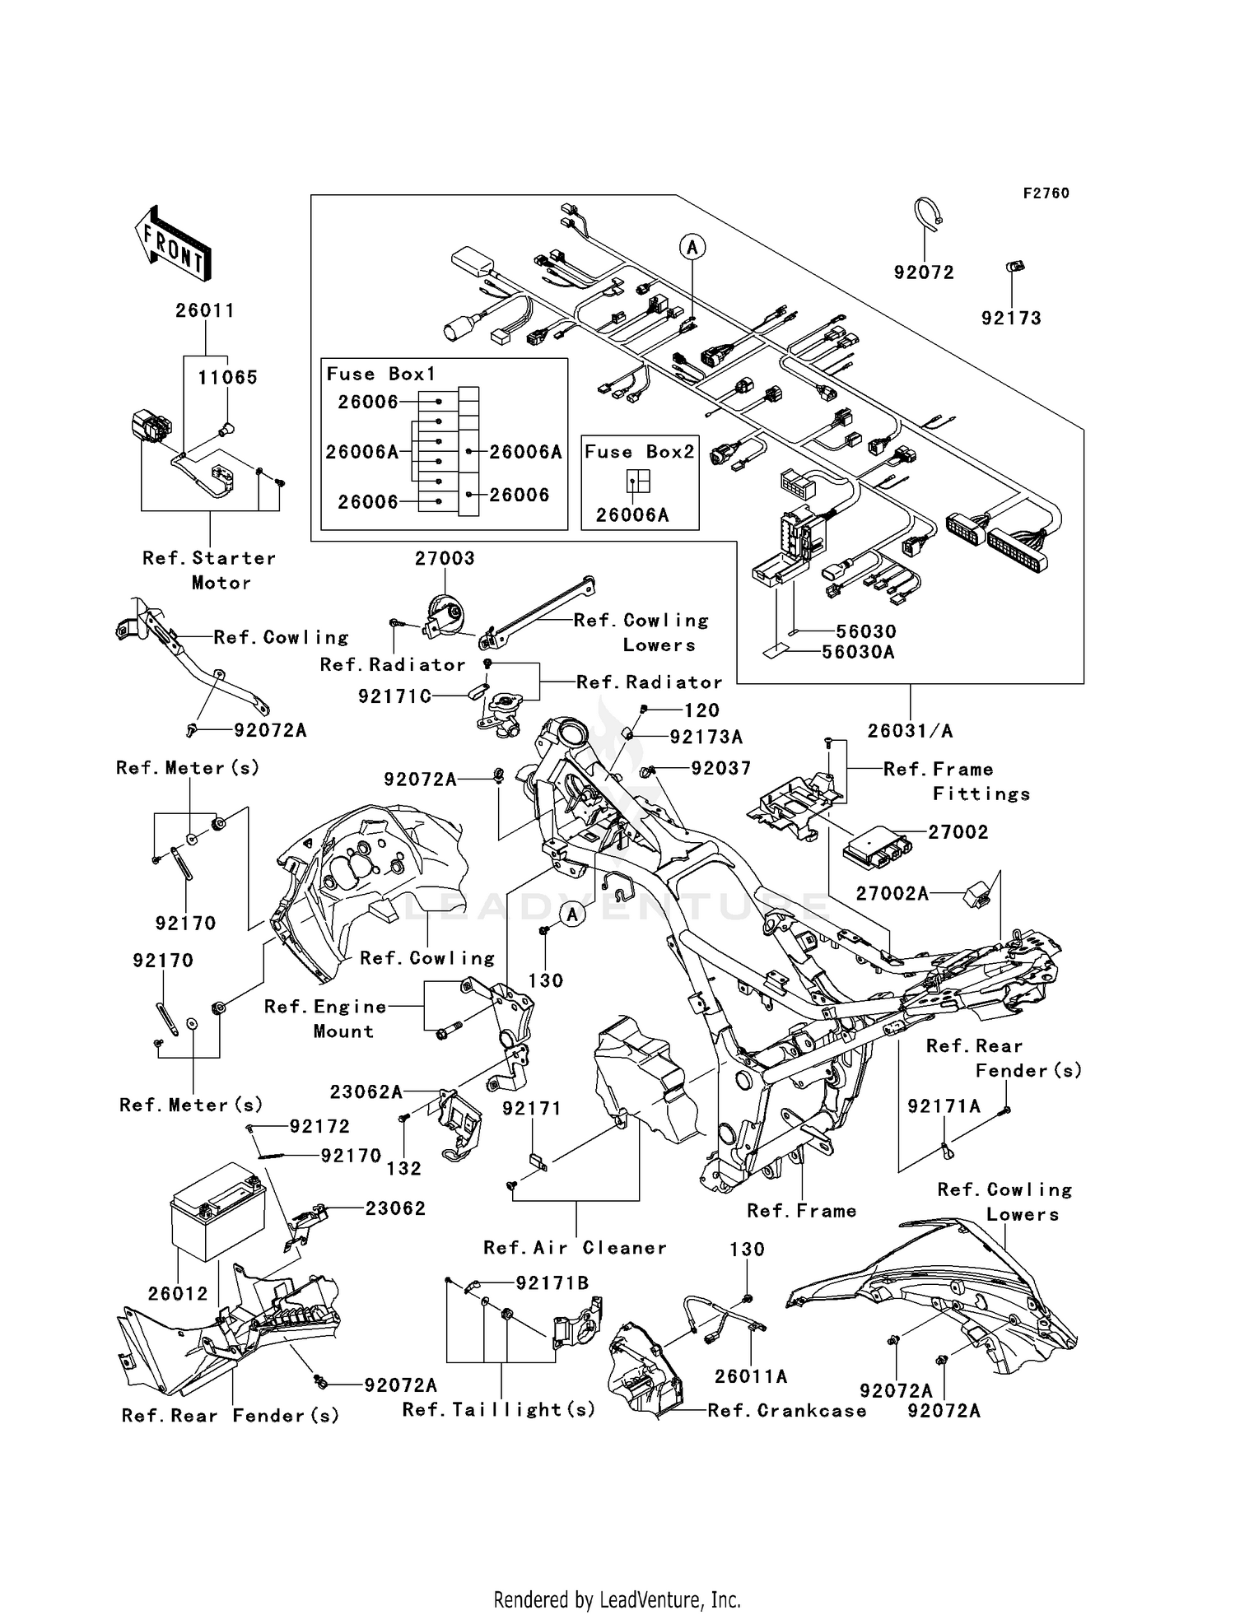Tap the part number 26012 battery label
tap(178, 1293)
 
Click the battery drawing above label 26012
tap(217, 1219)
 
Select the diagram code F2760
tap(1046, 193)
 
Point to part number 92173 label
tap(1010, 319)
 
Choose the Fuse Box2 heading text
tap(639, 452)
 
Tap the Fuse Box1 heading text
tap(380, 374)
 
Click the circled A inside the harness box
tap(692, 246)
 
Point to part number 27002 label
tap(958, 832)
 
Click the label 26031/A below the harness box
tap(910, 730)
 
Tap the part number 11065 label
tap(227, 378)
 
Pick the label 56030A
tap(858, 653)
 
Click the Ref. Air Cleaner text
tap(575, 1248)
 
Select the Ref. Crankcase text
tap(786, 1411)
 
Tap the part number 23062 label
tap(395, 1208)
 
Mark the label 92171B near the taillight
tap(552, 1283)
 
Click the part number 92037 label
tap(720, 769)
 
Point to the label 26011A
tap(750, 1376)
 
